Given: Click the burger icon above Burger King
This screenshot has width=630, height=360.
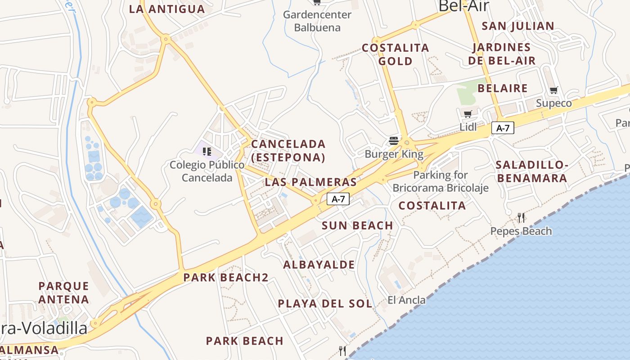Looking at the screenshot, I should pyautogui.click(x=394, y=140).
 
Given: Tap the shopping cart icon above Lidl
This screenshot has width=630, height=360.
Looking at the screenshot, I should pyautogui.click(x=468, y=114).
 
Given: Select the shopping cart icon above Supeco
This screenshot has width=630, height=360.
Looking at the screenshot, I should pyautogui.click(x=554, y=90).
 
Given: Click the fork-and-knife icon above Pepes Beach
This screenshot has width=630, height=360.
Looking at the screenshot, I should pyautogui.click(x=521, y=218).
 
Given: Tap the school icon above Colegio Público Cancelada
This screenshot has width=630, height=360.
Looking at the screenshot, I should pyautogui.click(x=207, y=151).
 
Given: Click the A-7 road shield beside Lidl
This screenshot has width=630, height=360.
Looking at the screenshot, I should pyautogui.click(x=503, y=128).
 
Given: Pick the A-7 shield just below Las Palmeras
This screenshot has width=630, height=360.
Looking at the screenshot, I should pyautogui.click(x=338, y=199).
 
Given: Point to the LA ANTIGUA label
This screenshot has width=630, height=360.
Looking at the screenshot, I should pyautogui.click(x=167, y=9).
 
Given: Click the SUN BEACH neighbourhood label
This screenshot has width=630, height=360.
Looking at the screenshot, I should pyautogui.click(x=357, y=225).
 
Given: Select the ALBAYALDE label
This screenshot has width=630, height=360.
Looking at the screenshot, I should pyautogui.click(x=319, y=265).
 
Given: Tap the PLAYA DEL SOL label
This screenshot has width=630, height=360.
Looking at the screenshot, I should pyautogui.click(x=325, y=304).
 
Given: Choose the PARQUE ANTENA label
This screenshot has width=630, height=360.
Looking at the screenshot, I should pyautogui.click(x=63, y=292).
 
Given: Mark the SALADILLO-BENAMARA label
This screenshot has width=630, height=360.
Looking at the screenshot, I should pyautogui.click(x=532, y=171).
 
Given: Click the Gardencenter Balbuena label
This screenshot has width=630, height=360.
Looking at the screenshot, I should pyautogui.click(x=317, y=21).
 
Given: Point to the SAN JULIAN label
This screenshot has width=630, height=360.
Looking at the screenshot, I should pyautogui.click(x=518, y=26).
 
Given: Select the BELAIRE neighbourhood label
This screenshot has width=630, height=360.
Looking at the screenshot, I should pyautogui.click(x=503, y=88).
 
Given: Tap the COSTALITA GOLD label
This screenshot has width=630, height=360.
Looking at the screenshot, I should pyautogui.click(x=396, y=54).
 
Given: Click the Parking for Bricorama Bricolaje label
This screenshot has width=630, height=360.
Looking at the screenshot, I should pyautogui.click(x=441, y=181).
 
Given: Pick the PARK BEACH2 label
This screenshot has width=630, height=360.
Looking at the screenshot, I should pyautogui.click(x=226, y=278).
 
